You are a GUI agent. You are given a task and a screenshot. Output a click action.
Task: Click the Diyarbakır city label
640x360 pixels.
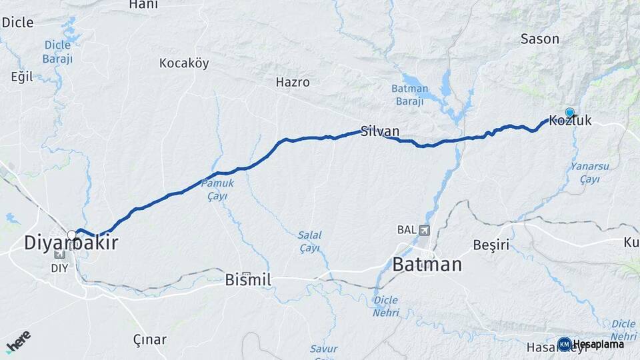(71, 243)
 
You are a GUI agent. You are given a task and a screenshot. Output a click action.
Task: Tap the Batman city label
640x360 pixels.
(427, 264)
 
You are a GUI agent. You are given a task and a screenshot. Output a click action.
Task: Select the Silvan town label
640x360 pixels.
(380, 131)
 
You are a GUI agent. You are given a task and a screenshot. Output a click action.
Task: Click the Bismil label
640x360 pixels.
(248, 279)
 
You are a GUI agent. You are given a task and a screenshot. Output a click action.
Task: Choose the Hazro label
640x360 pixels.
(293, 83)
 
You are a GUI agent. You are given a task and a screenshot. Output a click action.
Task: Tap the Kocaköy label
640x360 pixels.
(184, 63)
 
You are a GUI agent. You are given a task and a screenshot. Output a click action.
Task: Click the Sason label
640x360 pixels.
(539, 39)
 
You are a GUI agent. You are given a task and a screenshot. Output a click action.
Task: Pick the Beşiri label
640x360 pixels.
(491, 244)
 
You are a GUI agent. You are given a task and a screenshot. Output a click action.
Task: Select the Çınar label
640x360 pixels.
(149, 339)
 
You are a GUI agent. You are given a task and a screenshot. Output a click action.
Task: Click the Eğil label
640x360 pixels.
(22, 77)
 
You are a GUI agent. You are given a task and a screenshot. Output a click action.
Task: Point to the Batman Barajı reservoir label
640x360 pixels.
(407, 95)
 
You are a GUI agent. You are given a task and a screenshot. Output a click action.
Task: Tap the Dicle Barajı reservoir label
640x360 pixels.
(57, 52)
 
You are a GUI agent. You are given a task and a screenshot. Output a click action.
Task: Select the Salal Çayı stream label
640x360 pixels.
(309, 241)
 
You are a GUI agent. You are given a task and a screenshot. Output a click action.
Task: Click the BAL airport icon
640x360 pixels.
(424, 230)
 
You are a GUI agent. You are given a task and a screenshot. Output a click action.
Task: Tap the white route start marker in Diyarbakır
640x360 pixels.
(72, 235)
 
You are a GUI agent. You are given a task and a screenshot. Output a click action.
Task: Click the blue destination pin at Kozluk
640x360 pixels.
(570, 113)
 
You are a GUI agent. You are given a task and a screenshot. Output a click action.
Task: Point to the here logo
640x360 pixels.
(18, 341)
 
